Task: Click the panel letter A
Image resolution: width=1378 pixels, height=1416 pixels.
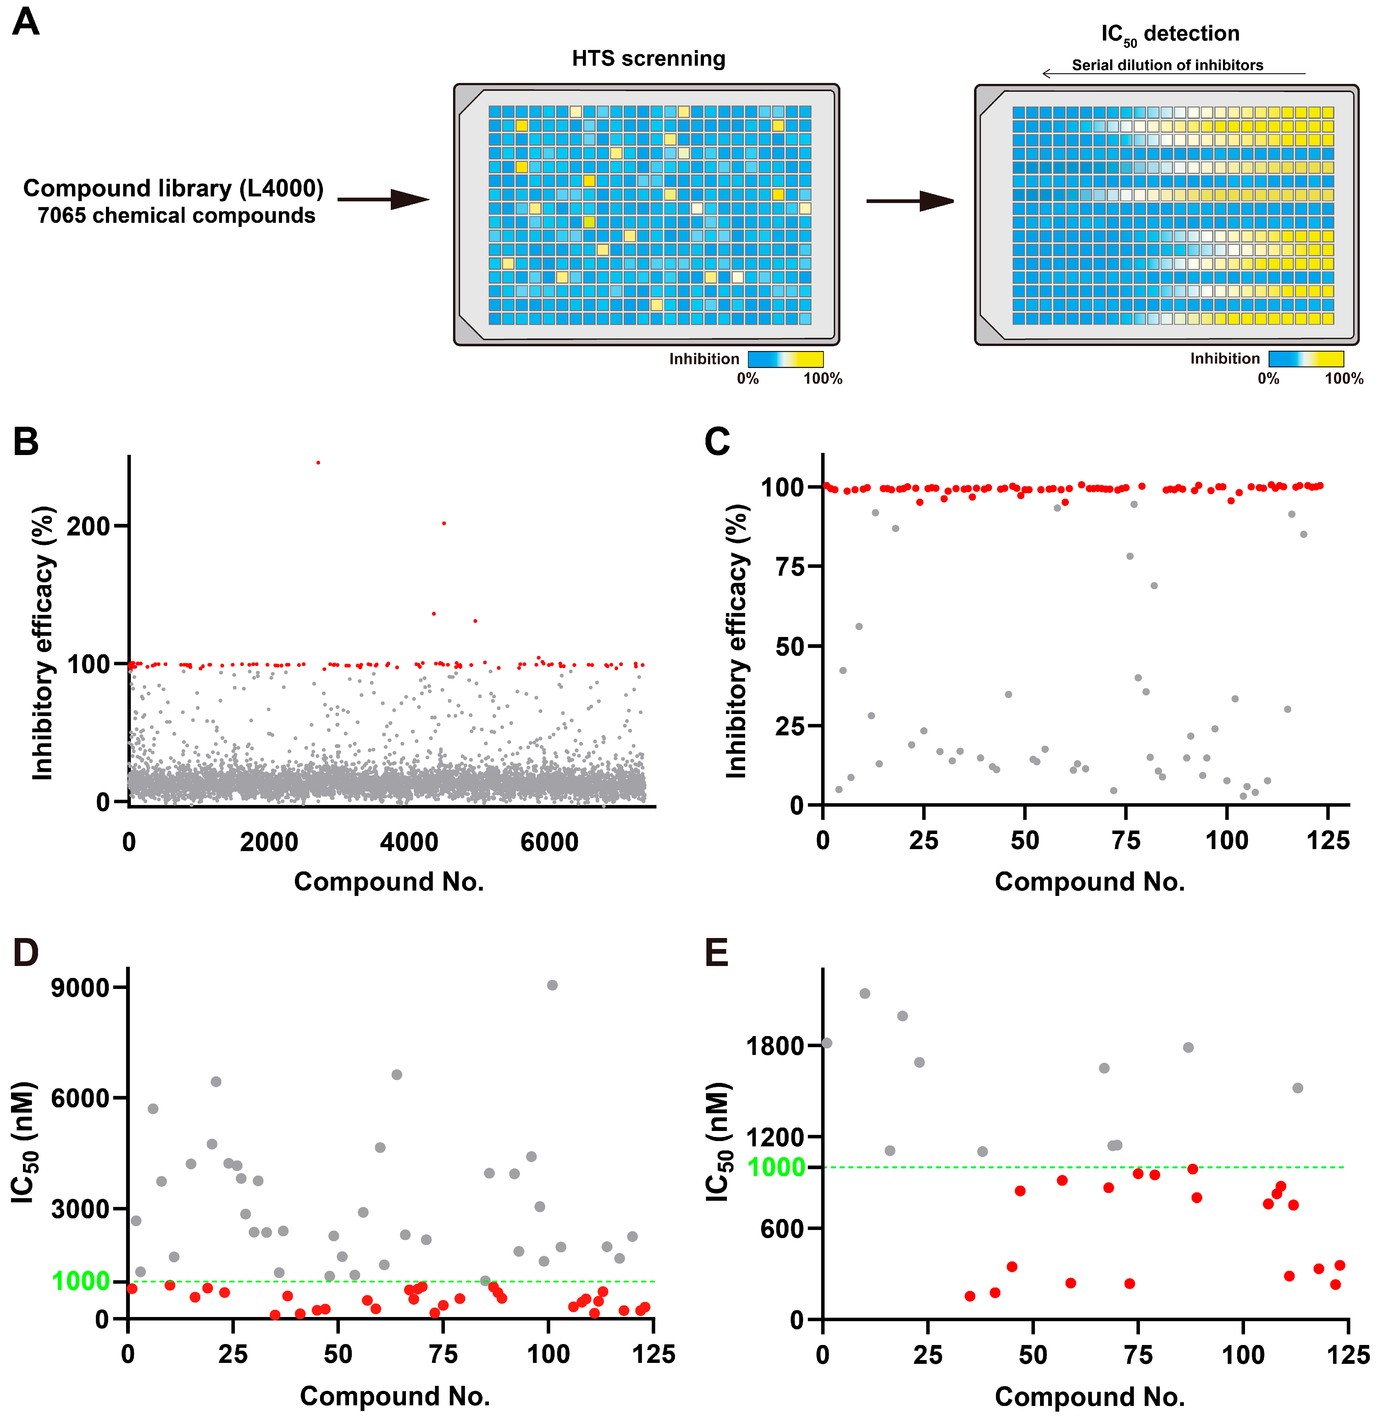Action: pyautogui.click(x=26, y=22)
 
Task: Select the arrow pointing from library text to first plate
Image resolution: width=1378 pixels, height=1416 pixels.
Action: pyautogui.click(x=384, y=200)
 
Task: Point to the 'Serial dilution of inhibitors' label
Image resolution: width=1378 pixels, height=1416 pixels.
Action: pyautogui.click(x=1167, y=65)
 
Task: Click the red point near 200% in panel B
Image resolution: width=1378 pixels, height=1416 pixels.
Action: pyautogui.click(x=444, y=523)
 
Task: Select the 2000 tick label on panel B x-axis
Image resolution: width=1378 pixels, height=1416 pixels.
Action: pyautogui.click(x=269, y=842)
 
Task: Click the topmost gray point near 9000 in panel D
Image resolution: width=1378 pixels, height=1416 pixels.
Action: pyautogui.click(x=552, y=985)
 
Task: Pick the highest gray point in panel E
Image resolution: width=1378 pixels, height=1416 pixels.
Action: pyautogui.click(x=864, y=993)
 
